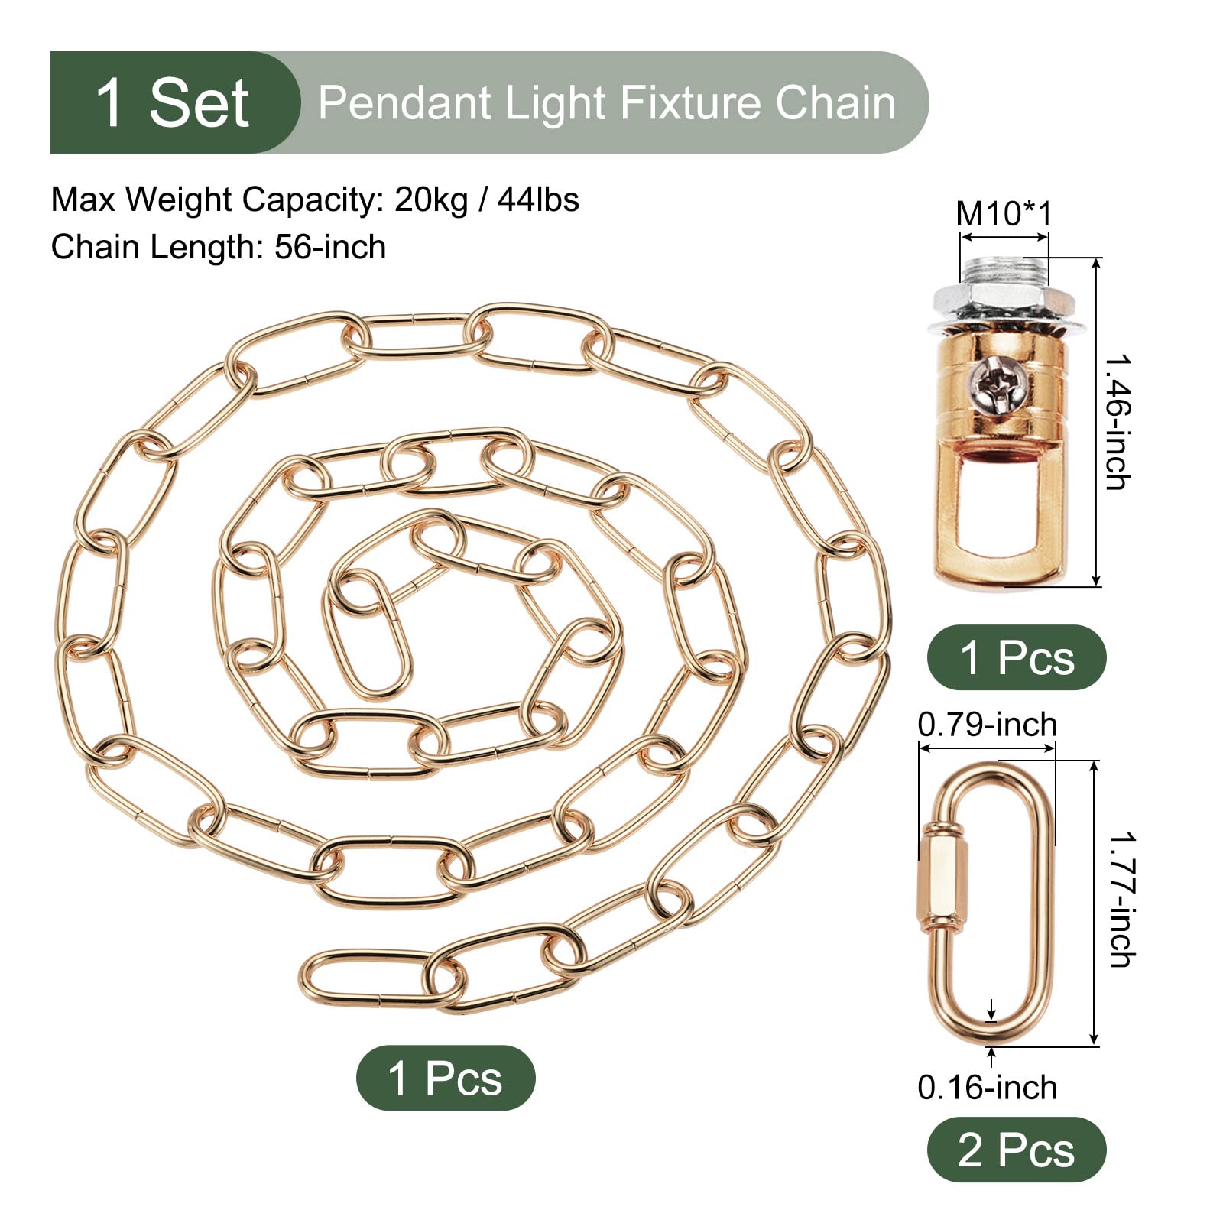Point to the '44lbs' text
(538, 200)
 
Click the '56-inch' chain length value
(331, 248)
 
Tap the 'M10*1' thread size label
(1004, 213)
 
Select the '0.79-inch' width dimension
(987, 724)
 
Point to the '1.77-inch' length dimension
(1122, 900)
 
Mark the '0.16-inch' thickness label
(987, 1087)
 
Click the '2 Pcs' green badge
(1017, 1150)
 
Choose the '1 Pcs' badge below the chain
(446, 1078)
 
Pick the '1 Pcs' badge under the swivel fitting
(1017, 657)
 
